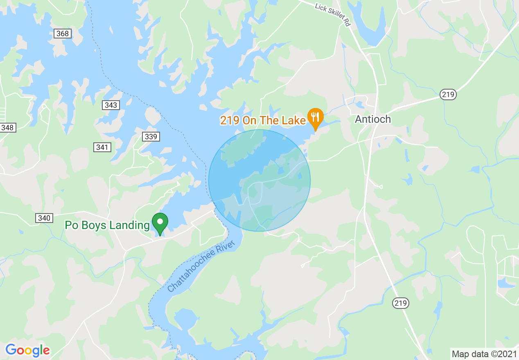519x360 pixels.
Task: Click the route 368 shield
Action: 63,34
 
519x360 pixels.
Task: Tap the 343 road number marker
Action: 111,105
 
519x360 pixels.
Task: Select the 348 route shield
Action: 7,128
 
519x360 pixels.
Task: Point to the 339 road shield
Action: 151,137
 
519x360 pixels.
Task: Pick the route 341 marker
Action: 102,147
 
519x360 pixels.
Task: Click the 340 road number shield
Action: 44,218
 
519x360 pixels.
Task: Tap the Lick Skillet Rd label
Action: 333,15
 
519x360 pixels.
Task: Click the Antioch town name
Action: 373,119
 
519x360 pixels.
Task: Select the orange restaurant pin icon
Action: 315,117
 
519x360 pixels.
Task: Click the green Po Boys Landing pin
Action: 160,223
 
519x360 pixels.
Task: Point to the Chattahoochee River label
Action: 201,266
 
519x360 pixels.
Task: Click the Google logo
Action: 27,350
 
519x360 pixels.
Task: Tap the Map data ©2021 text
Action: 484,354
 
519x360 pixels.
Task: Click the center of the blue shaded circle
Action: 259,180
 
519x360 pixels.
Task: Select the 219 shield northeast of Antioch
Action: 448,94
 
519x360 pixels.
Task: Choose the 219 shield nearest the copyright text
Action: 400,303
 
